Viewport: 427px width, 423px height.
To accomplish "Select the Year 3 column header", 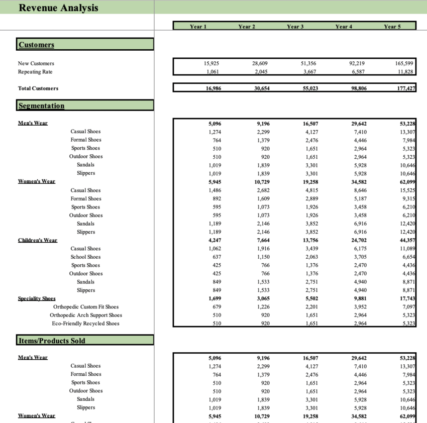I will coord(295,27).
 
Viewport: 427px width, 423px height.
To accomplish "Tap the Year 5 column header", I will coord(392,27).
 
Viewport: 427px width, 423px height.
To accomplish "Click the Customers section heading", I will coord(36,45).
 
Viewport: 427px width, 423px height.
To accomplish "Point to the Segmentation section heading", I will coord(41,105).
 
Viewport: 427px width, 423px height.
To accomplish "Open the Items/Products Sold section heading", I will coord(52,341).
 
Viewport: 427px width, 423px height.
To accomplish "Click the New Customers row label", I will coord(36,63).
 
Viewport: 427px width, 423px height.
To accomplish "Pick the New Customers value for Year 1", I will coord(211,63).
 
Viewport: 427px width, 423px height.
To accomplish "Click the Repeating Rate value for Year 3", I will coord(310,72).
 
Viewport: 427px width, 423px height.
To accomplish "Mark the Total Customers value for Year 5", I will coord(406,88).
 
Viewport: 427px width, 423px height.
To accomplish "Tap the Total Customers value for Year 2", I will coord(260,88).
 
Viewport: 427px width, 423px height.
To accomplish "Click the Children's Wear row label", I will coord(38,240).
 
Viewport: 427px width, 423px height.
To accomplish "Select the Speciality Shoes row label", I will coord(37,298).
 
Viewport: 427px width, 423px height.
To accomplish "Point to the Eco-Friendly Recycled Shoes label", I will coord(85,324).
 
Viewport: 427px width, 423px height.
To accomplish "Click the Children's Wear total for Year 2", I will coord(260,240).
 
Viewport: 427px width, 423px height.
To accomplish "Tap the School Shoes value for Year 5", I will coord(407,257).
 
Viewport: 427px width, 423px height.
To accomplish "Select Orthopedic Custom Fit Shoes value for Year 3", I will coord(310,307).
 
